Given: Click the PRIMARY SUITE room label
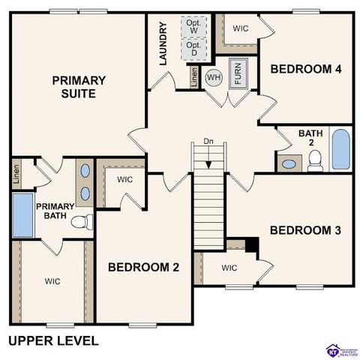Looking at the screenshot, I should tap(78, 87).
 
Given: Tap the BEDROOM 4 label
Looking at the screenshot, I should tap(306, 69).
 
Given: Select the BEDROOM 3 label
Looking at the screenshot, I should tap(305, 230).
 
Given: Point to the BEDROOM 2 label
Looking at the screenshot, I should tap(143, 267).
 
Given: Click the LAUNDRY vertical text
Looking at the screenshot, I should tap(163, 44).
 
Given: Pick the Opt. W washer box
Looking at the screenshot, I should tap(193, 25).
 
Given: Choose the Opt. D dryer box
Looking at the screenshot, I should tap(193, 50).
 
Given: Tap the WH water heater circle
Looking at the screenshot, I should tap(214, 76).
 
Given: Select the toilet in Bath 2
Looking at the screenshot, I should tap(315, 160).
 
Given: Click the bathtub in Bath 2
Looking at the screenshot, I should tap(340, 150).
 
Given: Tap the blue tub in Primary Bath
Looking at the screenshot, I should tap(22, 215).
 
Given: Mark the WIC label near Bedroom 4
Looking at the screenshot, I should tap(241, 28).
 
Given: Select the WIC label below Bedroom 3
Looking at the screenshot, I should tap(229, 268).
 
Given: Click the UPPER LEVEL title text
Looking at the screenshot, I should tap(53, 340).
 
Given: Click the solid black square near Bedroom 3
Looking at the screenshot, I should tap(251, 245).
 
